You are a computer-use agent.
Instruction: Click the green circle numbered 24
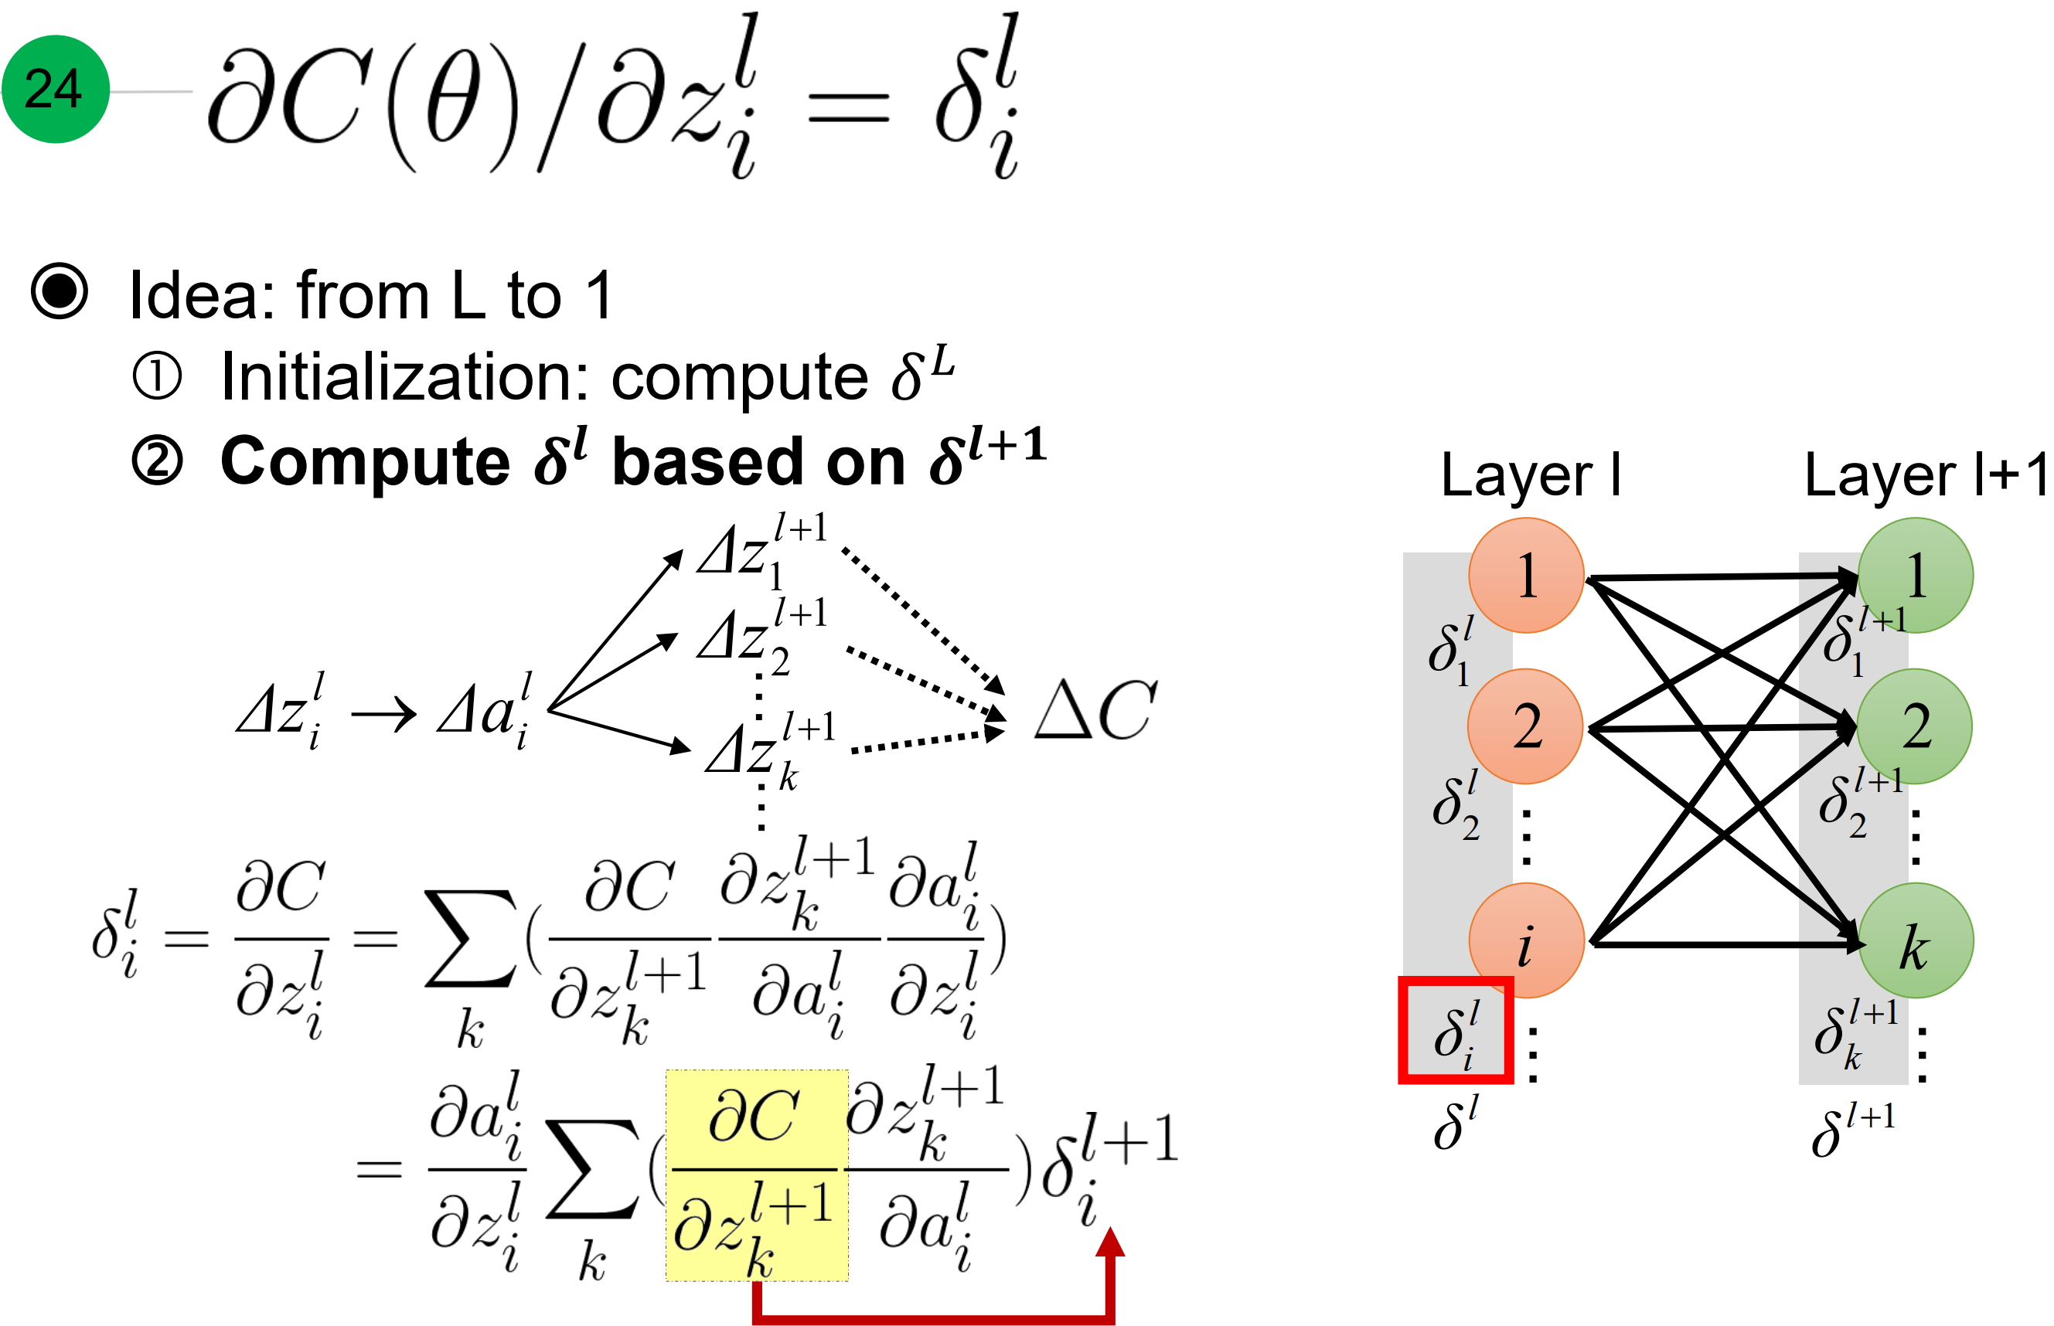pyautogui.click(x=55, y=89)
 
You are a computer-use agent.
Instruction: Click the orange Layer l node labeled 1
pyautogui.click(x=1525, y=574)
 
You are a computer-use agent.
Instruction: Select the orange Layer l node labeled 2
pyautogui.click(x=1525, y=726)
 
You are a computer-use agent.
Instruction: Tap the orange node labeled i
pyautogui.click(x=1525, y=941)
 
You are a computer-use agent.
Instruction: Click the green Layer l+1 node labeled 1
pyautogui.click(x=1915, y=574)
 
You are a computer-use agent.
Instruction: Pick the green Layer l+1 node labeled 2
pyautogui.click(x=1915, y=726)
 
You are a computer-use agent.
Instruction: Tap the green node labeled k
pyautogui.click(x=1915, y=941)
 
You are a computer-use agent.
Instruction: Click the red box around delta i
pyautogui.click(x=1455, y=1029)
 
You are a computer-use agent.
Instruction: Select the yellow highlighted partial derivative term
pyautogui.click(x=756, y=1175)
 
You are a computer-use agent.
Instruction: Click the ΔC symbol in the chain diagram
pyautogui.click(x=1095, y=711)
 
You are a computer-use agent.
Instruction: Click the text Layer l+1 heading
pyautogui.click(x=1926, y=475)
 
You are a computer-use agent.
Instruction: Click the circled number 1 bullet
pyautogui.click(x=158, y=376)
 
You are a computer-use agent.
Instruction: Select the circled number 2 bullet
pyautogui.click(x=158, y=461)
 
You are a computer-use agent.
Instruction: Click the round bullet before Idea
pyautogui.click(x=60, y=291)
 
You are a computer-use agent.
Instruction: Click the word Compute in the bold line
pyautogui.click(x=365, y=461)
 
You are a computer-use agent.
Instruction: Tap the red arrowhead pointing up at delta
pyautogui.click(x=1110, y=1242)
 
